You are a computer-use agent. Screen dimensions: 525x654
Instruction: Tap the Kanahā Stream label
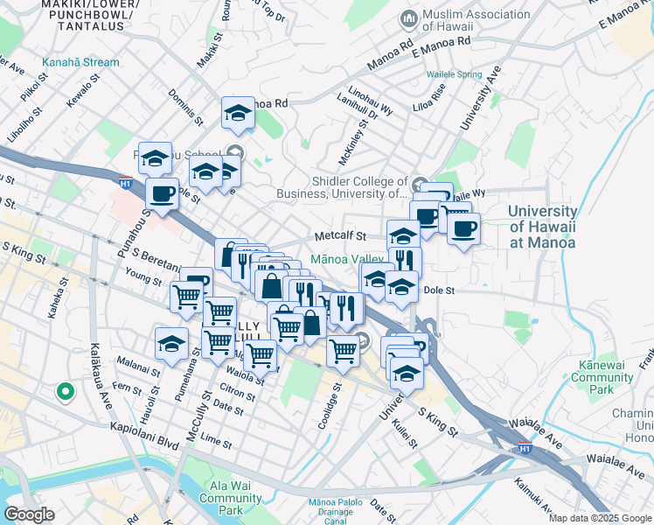pos(80,62)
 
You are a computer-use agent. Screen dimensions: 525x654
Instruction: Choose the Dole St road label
pos(439,290)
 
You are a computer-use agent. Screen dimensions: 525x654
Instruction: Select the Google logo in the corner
pos(29,514)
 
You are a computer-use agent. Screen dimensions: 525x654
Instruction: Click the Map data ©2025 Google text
pos(600,518)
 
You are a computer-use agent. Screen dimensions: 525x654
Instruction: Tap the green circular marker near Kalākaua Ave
pos(64,391)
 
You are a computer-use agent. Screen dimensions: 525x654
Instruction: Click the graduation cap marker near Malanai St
pos(171,343)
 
